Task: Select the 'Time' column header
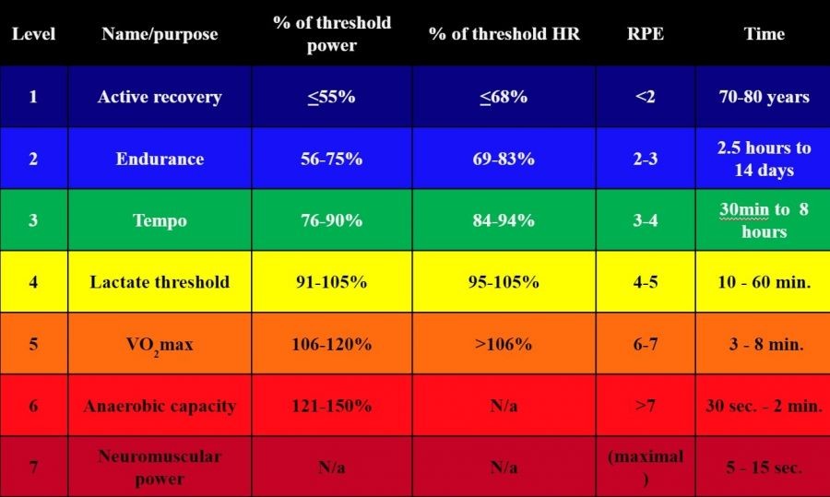[765, 34]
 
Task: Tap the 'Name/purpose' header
[160, 34]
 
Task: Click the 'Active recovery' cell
[160, 97]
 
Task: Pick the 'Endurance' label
[160, 159]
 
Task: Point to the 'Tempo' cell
[160, 220]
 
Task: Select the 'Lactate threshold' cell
[160, 282]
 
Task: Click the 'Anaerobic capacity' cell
[160, 406]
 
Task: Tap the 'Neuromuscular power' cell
[160, 467]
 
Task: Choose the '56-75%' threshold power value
[331, 159]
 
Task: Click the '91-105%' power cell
[331, 282]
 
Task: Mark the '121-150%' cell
[331, 406]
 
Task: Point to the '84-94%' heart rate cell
[504, 220]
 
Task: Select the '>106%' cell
[504, 344]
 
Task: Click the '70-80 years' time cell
[765, 97]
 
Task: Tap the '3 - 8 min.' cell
[765, 344]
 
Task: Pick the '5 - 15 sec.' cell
[765, 467]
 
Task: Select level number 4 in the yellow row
[33, 282]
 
